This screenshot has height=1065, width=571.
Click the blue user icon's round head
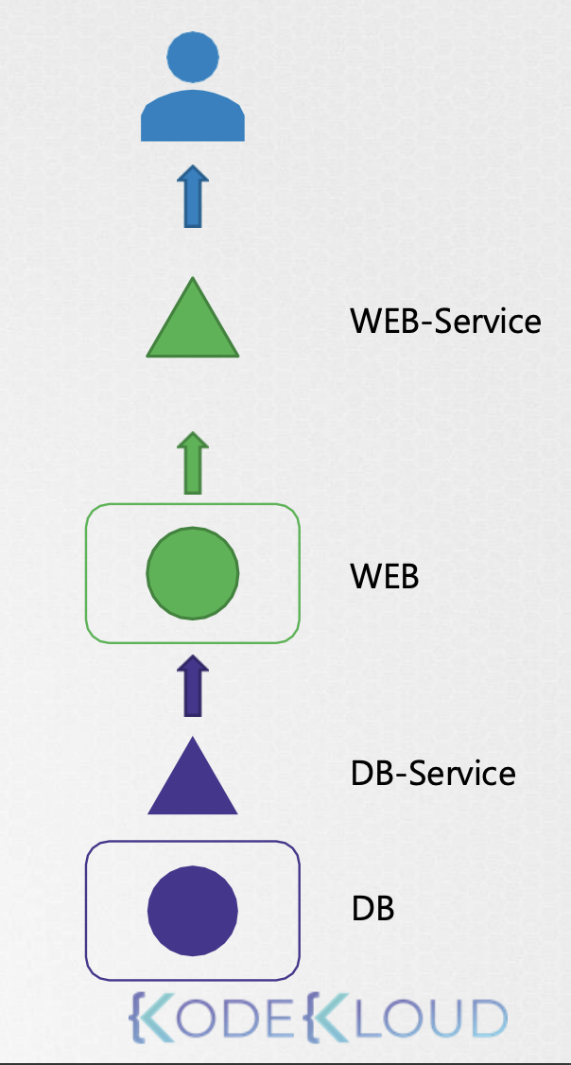(193, 58)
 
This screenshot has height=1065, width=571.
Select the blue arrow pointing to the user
(193, 197)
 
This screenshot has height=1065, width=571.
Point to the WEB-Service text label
(445, 321)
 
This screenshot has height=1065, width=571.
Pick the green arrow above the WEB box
(193, 463)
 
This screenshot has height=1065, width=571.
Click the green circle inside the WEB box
(193, 573)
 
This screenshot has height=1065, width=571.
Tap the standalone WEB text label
(384, 577)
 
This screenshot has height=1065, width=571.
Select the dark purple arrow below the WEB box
(193, 686)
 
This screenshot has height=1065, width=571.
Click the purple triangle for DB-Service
(193, 776)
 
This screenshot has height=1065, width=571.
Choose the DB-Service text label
(433, 773)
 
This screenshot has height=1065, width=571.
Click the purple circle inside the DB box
(193, 911)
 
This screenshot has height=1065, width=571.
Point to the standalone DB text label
(372, 909)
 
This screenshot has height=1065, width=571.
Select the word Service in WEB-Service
(488, 321)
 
